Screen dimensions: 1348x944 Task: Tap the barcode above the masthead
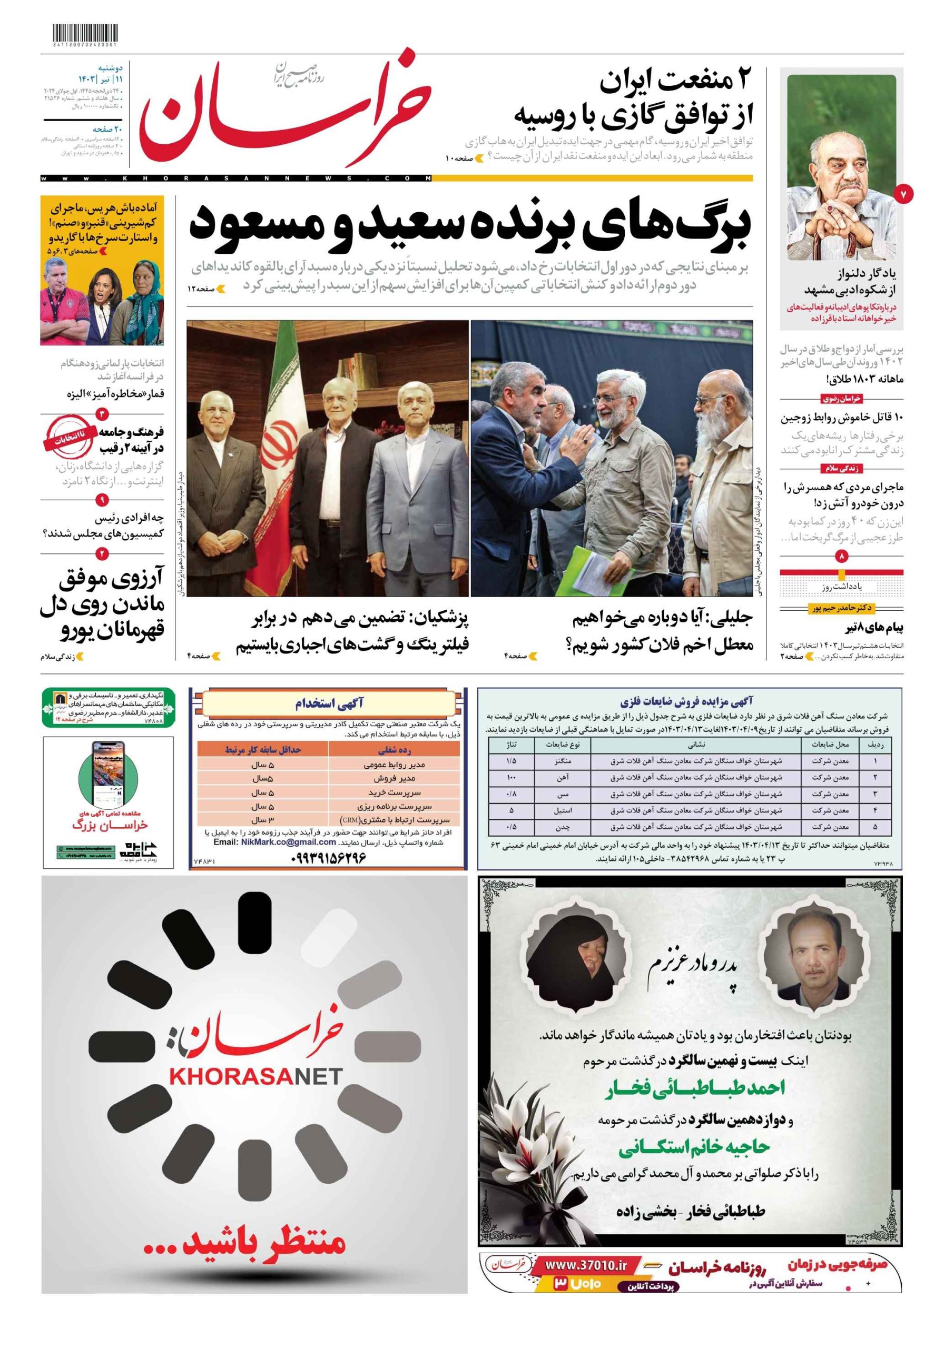(84, 32)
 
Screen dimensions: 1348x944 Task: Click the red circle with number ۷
(903, 193)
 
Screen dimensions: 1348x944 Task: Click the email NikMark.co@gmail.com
(288, 842)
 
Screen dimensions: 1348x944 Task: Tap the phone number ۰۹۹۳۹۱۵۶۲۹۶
(328, 857)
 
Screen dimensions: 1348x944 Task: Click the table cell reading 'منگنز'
(562, 761)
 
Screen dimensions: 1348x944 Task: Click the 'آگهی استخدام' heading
(328, 703)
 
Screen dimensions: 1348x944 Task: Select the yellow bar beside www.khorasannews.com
(592, 178)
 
